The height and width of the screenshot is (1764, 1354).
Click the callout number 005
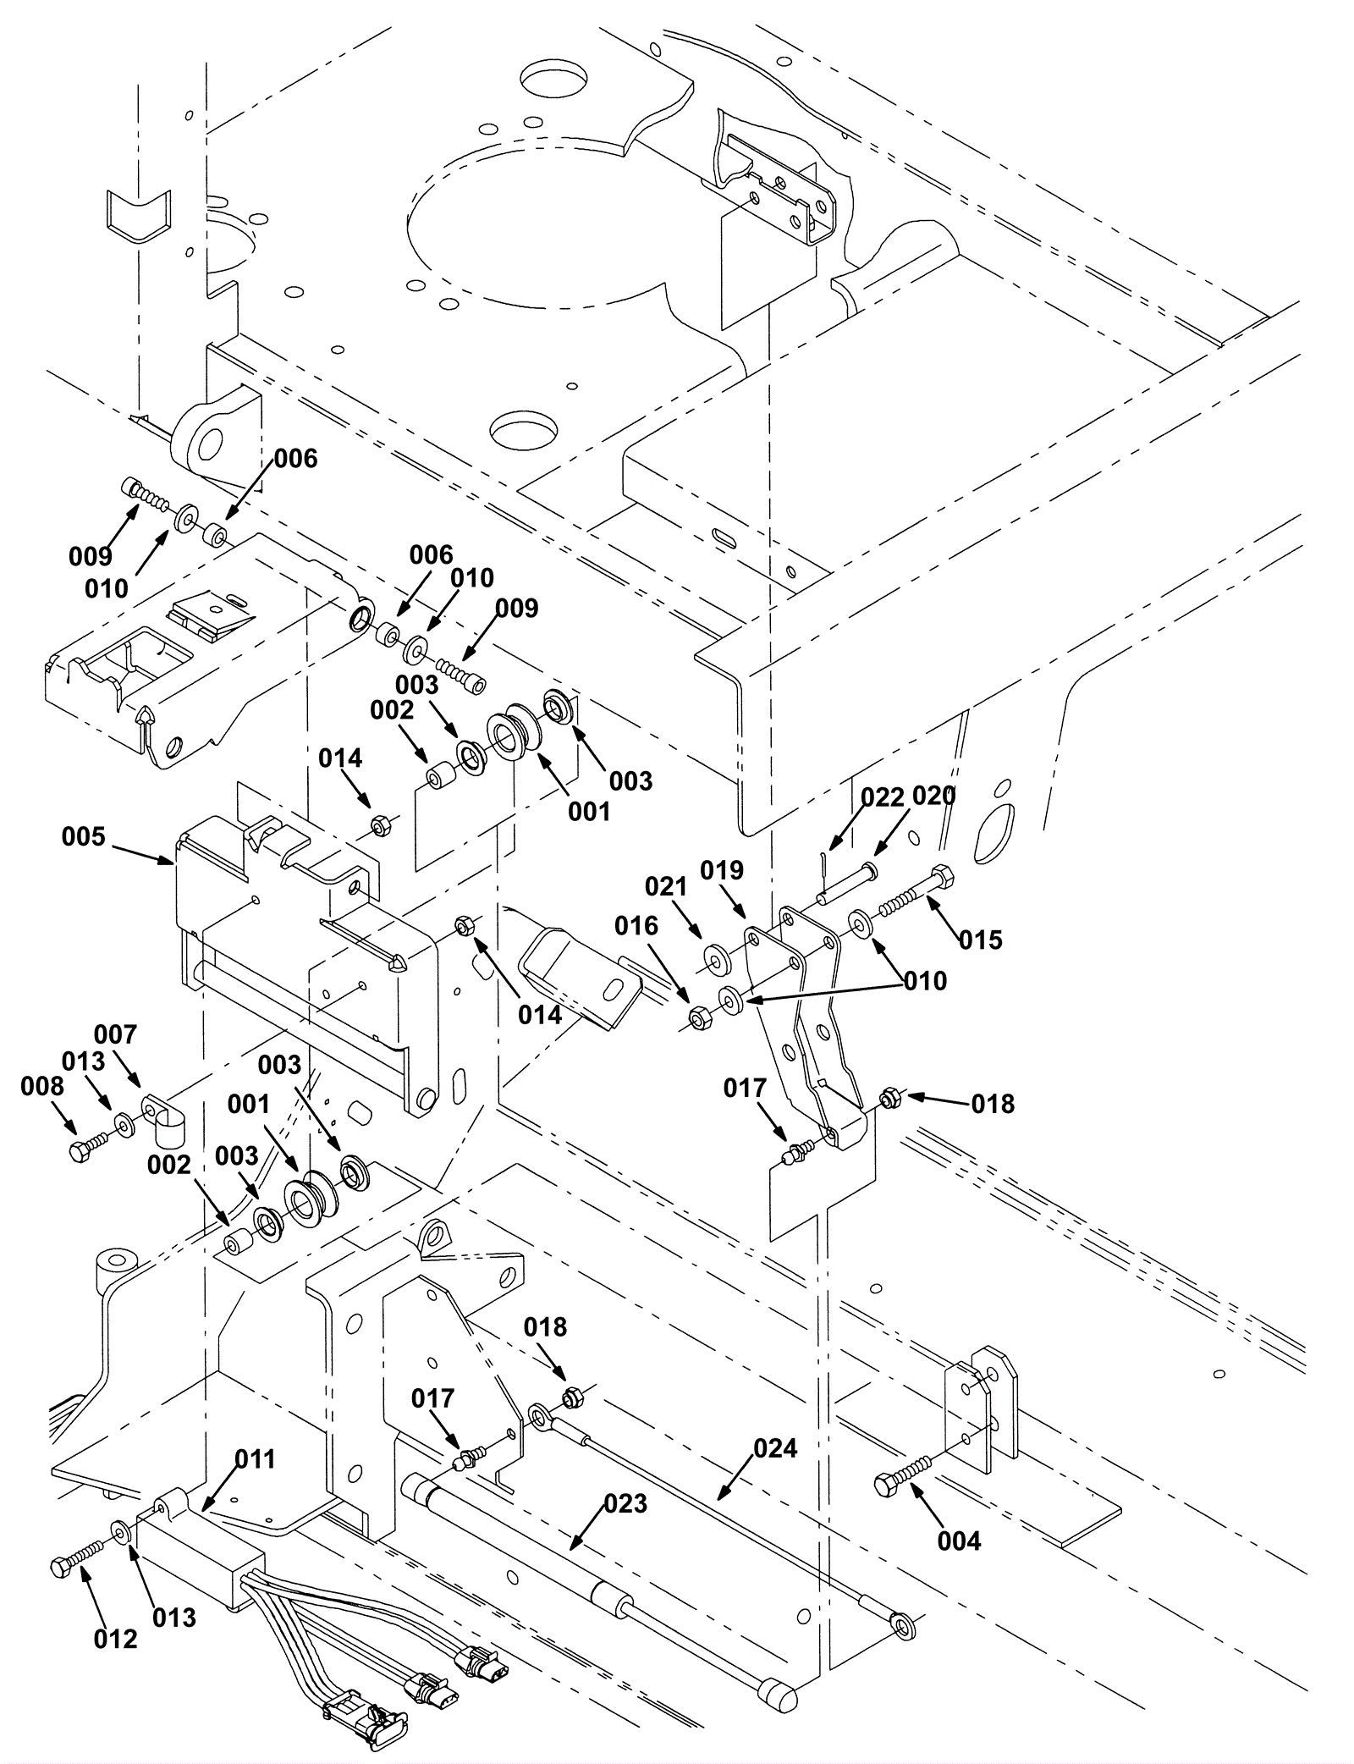pyautogui.click(x=84, y=837)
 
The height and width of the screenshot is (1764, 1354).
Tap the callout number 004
pyautogui.click(x=959, y=1541)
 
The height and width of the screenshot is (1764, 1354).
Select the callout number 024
pyautogui.click(x=775, y=1448)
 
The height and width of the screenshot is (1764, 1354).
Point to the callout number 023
pyautogui.click(x=625, y=1503)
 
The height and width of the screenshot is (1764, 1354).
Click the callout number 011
pyautogui.click(x=255, y=1458)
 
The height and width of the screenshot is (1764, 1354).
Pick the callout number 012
pyautogui.click(x=115, y=1639)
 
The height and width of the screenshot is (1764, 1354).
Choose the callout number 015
pyautogui.click(x=980, y=940)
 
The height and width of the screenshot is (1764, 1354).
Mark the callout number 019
pyautogui.click(x=722, y=870)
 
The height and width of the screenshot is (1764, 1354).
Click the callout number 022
pyautogui.click(x=883, y=797)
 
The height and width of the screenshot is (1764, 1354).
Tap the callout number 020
pyautogui.click(x=934, y=797)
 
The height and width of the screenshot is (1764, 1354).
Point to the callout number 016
pyautogui.click(x=636, y=926)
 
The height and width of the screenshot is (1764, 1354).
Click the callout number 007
pyautogui.click(x=115, y=1034)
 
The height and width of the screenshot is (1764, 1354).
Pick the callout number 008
pyautogui.click(x=41, y=1086)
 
